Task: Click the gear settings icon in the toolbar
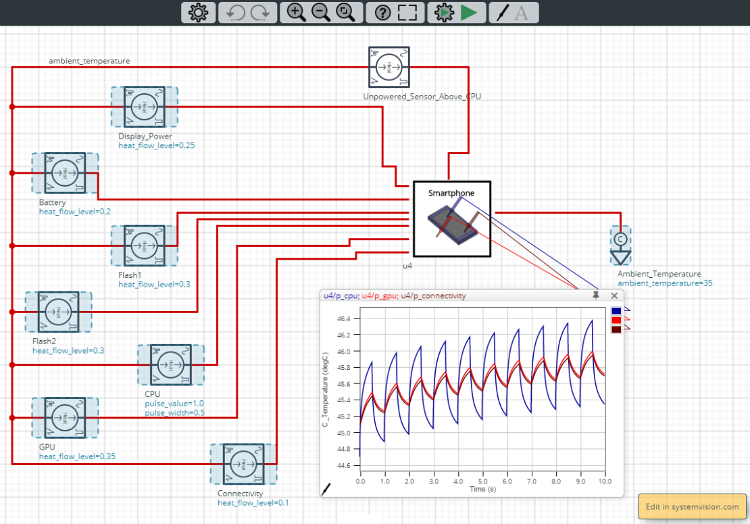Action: (198, 12)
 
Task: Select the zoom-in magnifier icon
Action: (296, 12)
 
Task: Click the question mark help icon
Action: (382, 12)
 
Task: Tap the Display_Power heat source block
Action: (144, 107)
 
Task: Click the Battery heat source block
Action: (65, 173)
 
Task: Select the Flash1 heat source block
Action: (144, 245)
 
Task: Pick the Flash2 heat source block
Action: (58, 312)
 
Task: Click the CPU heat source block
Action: (170, 365)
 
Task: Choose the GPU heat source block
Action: (65, 418)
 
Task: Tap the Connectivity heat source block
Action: (243, 464)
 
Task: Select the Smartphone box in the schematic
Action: (452, 219)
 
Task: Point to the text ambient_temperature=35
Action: (665, 283)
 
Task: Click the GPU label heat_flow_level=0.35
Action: (77, 456)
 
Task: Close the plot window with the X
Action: (614, 295)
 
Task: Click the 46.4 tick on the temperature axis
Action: (345, 318)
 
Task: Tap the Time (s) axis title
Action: (482, 488)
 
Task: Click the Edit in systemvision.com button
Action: (692, 506)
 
